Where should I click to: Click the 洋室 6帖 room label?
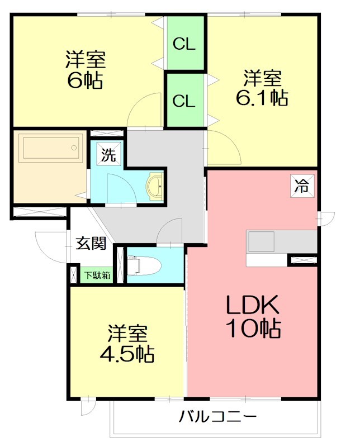(86, 69)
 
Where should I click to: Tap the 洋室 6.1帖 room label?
(264, 87)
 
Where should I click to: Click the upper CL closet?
(184, 44)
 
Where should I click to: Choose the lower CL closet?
(184, 101)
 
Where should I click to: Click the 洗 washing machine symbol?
(108, 155)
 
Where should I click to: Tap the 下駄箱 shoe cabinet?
(97, 275)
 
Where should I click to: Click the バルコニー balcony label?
(218, 417)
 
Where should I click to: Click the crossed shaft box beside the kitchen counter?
(302, 260)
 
